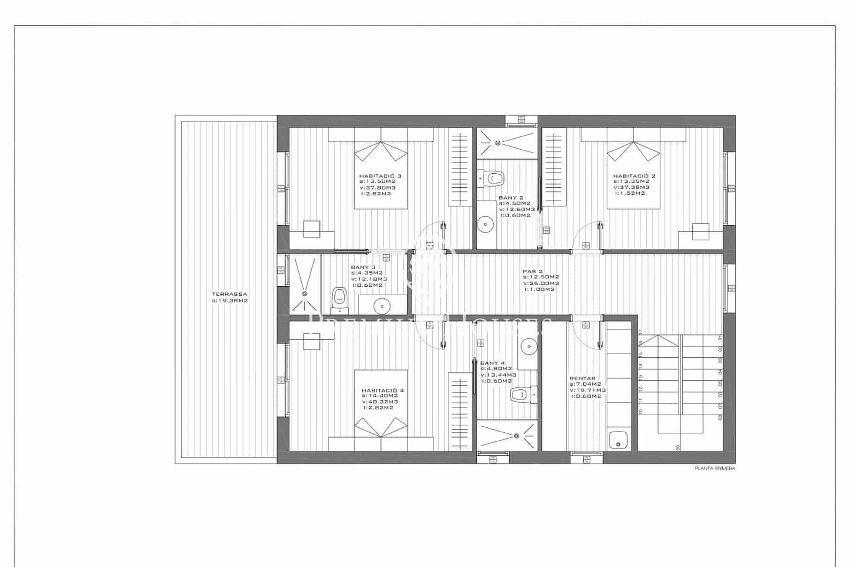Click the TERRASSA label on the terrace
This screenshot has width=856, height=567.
(229, 294)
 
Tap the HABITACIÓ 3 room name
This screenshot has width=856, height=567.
(380, 175)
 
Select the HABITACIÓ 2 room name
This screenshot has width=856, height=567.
(633, 175)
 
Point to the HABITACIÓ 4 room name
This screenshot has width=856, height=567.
(383, 390)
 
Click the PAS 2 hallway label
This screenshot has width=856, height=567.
(533, 271)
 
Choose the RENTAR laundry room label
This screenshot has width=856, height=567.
(582, 378)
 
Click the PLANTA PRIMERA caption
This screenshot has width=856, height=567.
(715, 468)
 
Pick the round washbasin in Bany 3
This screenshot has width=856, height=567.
(382, 306)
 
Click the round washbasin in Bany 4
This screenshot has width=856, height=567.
(529, 346)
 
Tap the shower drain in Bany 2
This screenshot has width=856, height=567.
(498, 142)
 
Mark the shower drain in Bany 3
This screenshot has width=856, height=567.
(305, 293)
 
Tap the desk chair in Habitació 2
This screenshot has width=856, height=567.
(700, 232)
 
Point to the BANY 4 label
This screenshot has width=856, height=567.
(492, 363)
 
